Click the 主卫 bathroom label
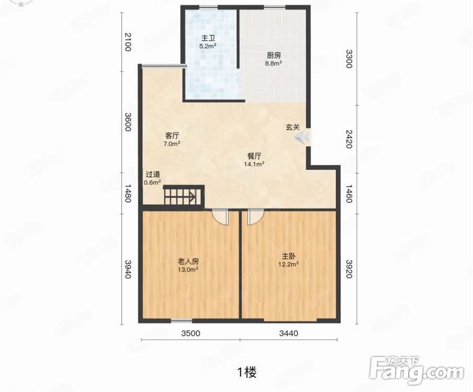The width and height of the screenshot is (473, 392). [208, 38]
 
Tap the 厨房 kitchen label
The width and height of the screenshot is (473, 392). [273, 55]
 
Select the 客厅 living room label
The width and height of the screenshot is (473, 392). [171, 135]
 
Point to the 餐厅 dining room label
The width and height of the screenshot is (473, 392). [255, 156]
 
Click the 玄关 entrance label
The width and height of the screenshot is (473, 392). [293, 127]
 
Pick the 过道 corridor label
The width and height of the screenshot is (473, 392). [153, 175]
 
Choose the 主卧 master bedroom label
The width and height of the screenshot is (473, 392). [289, 256]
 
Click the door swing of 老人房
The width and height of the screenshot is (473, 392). [220, 217]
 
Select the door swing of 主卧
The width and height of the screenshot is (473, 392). [256, 217]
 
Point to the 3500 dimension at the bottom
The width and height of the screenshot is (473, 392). [191, 333]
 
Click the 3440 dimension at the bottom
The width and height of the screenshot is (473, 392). [289, 333]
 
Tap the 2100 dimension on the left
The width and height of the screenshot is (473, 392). [128, 42]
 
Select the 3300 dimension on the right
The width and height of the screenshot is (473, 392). [349, 59]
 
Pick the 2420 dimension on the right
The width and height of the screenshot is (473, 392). [349, 139]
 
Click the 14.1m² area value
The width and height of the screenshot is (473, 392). [255, 164]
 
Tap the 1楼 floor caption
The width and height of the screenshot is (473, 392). [247, 372]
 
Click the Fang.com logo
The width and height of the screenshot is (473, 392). [417, 371]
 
